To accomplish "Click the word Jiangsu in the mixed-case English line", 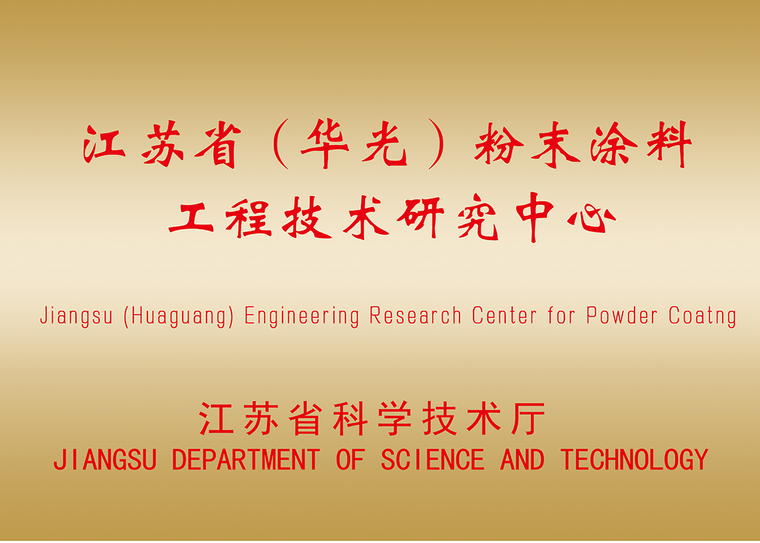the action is pos(76,317).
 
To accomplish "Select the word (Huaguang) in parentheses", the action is pos(179,317).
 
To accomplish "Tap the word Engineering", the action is pos(301,317).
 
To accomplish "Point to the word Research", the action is pos(415,316).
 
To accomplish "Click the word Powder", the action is pos(622,315).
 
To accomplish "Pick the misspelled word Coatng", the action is pos(702,317).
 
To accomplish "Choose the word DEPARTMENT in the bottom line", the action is pos(246,460).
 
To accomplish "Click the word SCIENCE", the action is pos(432,460).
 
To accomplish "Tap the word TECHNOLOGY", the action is pos(635,460).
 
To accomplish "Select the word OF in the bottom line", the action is pos(350,460).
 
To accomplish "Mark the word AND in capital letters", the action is pos(523,460).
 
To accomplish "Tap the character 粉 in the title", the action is pos(499,144).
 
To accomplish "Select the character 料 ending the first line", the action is pos(669,144).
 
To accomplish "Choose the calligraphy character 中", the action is pos(535,217).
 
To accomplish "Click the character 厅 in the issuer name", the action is pos(528,418).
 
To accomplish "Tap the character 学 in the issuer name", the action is pos(394,418).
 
